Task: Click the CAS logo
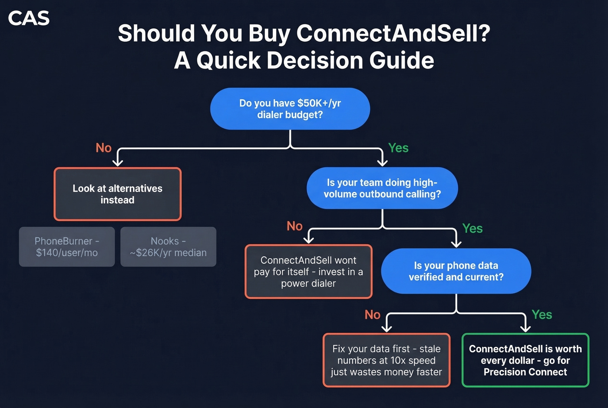click(29, 18)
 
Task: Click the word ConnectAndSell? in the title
click(393, 33)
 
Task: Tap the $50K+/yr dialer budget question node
click(290, 109)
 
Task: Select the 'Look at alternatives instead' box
click(117, 194)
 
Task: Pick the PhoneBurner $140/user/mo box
click(67, 247)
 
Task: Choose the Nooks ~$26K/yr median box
click(168, 247)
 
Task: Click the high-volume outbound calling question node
click(382, 188)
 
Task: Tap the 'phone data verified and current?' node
click(456, 271)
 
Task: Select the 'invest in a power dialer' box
click(308, 272)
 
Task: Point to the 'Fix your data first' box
click(386, 360)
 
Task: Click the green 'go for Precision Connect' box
click(525, 360)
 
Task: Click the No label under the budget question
click(104, 148)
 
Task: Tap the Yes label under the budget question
click(398, 148)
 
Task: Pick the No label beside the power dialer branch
click(294, 226)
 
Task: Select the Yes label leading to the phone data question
click(473, 228)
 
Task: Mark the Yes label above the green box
click(542, 315)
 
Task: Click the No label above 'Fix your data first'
click(373, 315)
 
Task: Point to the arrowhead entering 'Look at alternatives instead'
click(118, 163)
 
